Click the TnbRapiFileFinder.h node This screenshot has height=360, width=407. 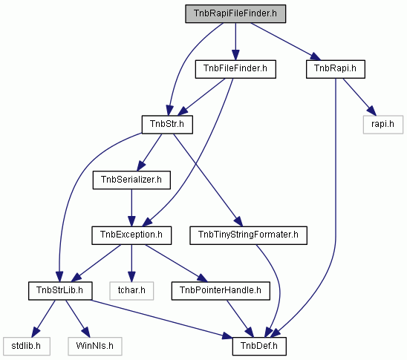point(235,13)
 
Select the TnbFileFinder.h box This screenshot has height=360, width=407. point(235,69)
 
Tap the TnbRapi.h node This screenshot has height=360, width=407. point(336,69)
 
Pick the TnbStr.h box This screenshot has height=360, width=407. point(167,125)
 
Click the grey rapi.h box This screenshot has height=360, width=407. point(382,125)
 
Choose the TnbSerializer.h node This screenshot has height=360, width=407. point(131,180)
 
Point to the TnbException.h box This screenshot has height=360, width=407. point(131,235)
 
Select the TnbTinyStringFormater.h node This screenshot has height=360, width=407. point(248,235)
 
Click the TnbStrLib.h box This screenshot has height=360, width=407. point(60,291)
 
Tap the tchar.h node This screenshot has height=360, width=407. point(131,291)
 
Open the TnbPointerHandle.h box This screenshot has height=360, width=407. point(221,291)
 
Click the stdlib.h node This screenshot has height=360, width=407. point(27,346)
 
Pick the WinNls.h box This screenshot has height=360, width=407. point(95,346)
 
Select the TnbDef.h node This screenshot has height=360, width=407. point(259,346)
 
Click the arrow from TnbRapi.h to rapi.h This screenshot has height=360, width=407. point(359,96)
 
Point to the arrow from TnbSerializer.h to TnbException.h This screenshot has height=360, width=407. point(131,208)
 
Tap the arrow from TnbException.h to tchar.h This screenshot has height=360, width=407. point(131,264)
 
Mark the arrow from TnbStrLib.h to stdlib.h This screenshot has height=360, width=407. point(43,318)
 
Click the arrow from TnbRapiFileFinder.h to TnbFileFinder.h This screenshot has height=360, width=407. point(235,42)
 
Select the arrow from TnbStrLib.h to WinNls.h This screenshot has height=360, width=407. point(77,318)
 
